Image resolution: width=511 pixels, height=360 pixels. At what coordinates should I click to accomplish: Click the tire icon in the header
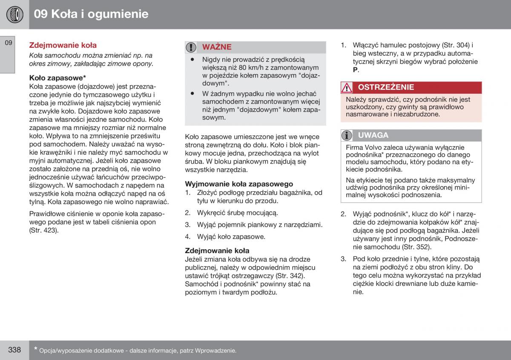click(14, 14)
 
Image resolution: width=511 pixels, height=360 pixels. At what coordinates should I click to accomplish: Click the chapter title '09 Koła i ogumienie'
click(91, 14)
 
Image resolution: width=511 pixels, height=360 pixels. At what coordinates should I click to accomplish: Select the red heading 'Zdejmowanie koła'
click(63, 45)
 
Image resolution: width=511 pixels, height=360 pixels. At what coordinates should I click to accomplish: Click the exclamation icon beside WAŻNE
click(192, 47)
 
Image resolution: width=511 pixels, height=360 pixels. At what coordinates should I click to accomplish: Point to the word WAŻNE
click(217, 47)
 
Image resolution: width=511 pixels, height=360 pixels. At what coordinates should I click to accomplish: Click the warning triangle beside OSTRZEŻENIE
click(347, 88)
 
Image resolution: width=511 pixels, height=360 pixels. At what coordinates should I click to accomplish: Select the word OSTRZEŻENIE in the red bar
click(386, 87)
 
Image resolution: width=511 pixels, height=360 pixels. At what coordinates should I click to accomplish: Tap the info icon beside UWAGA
click(347, 135)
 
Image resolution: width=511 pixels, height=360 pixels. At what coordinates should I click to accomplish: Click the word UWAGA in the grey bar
click(373, 135)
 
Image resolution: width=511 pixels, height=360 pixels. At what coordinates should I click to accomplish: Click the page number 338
click(14, 350)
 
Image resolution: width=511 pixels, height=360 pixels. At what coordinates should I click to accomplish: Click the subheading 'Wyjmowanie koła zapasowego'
click(239, 184)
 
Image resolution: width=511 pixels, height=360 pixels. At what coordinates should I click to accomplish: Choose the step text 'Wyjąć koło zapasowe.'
click(231, 236)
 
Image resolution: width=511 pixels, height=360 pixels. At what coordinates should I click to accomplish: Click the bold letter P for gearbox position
click(355, 70)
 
